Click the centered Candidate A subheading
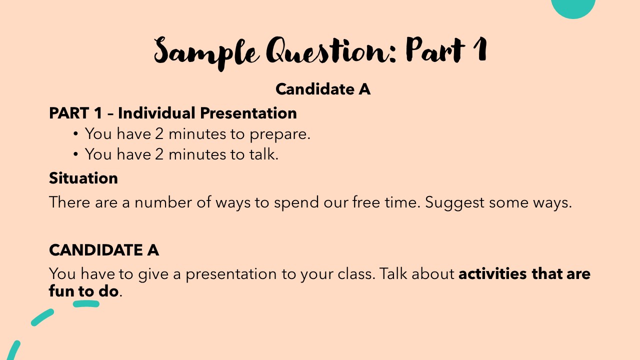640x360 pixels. pyautogui.click(x=323, y=89)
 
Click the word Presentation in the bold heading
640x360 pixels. pyautogui.click(x=248, y=113)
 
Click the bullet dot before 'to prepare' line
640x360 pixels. pyautogui.click(x=75, y=134)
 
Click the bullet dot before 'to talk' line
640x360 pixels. pyautogui.click(x=75, y=154)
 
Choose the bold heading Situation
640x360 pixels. pyautogui.click(x=83, y=178)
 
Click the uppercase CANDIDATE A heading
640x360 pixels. pyautogui.click(x=104, y=249)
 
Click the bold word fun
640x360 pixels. pyautogui.click(x=60, y=291)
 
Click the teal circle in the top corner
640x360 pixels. pyautogui.click(x=573, y=6)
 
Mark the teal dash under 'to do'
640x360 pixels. pyautogui.click(x=86, y=303)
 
